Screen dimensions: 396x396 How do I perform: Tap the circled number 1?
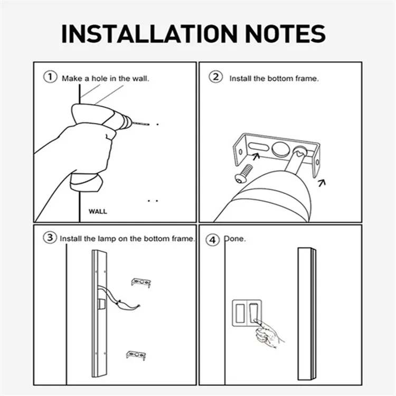click(50, 77)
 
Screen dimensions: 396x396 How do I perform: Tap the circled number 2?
click(215, 77)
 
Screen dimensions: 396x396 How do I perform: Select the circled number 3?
click(50, 238)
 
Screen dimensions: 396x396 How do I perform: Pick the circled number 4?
click(213, 240)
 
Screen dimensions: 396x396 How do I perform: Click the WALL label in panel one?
click(97, 211)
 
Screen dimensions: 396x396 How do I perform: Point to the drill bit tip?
click(148, 125)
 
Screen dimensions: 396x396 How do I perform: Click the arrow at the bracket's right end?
click(322, 183)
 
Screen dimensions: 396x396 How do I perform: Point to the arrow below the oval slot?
click(256, 156)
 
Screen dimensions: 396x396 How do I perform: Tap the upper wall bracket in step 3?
click(141, 282)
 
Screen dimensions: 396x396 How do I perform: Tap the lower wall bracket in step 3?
click(136, 355)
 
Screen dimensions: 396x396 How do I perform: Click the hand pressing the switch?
click(268, 334)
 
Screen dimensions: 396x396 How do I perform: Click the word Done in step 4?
click(235, 239)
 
